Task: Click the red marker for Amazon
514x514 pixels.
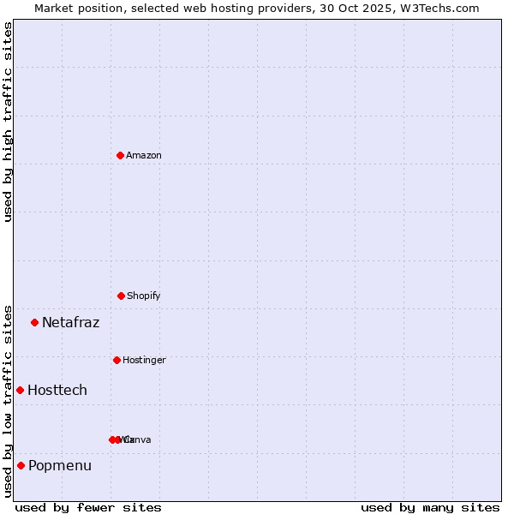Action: [x=120, y=155]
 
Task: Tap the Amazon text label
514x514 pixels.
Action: [x=143, y=155]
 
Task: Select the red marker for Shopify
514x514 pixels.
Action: [x=121, y=296]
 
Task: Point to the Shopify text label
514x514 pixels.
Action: [x=143, y=296]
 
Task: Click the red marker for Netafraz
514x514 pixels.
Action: [x=34, y=322]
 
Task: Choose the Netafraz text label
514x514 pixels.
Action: [x=70, y=323]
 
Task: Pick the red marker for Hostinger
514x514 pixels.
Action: [x=117, y=360]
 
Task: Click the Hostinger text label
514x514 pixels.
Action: [x=144, y=360]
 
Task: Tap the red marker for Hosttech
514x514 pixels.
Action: [x=20, y=390]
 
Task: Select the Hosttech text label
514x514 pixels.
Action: [x=57, y=391]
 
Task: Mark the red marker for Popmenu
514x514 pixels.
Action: [x=21, y=465]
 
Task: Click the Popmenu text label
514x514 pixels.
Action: [x=59, y=466]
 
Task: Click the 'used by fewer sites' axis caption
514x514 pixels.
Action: [x=87, y=507]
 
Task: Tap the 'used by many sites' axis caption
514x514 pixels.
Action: [x=430, y=507]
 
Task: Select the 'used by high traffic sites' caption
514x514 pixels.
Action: [x=8, y=122]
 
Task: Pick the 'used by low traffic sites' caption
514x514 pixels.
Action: [x=8, y=400]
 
